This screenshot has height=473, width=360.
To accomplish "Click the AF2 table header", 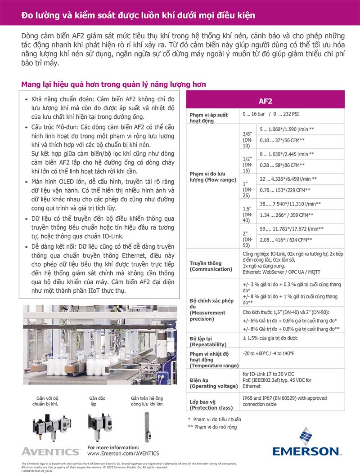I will (x=265, y=101).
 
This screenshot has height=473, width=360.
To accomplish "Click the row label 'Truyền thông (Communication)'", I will (x=211, y=266).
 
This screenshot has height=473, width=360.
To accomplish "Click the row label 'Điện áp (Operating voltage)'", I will (x=210, y=383).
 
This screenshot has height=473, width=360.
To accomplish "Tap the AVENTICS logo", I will (x=50, y=451).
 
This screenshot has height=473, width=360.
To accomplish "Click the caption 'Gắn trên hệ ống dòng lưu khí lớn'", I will (x=147, y=401).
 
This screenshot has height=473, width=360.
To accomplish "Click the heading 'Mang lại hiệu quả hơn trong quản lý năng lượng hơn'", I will (x=114, y=85).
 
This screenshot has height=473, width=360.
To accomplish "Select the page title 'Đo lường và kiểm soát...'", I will (x=139, y=16).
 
